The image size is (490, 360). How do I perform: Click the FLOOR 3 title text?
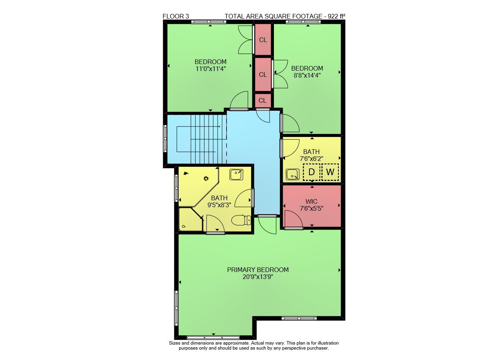176,17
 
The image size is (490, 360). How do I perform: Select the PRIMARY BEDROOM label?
258,270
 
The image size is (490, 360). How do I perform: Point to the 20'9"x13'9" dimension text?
258,277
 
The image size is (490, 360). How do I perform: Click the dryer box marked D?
311,172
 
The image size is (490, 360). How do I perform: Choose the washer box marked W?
330,172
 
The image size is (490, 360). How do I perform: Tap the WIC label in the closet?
311,201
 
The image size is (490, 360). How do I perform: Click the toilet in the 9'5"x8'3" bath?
241,220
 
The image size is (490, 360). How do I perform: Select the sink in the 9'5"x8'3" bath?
236,174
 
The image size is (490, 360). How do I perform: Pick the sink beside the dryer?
292,174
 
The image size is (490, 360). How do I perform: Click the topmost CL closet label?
263,40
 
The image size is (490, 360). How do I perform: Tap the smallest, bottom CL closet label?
262,101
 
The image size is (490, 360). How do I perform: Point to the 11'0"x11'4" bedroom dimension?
211,69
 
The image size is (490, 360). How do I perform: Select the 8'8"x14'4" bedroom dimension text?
307,76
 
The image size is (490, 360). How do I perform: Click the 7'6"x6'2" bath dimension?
311,159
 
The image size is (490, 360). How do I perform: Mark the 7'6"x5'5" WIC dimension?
311,209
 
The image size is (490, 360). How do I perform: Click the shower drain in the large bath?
206,179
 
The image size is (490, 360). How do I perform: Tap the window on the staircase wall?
165,139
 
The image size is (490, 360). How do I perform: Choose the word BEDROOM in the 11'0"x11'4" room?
211,62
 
